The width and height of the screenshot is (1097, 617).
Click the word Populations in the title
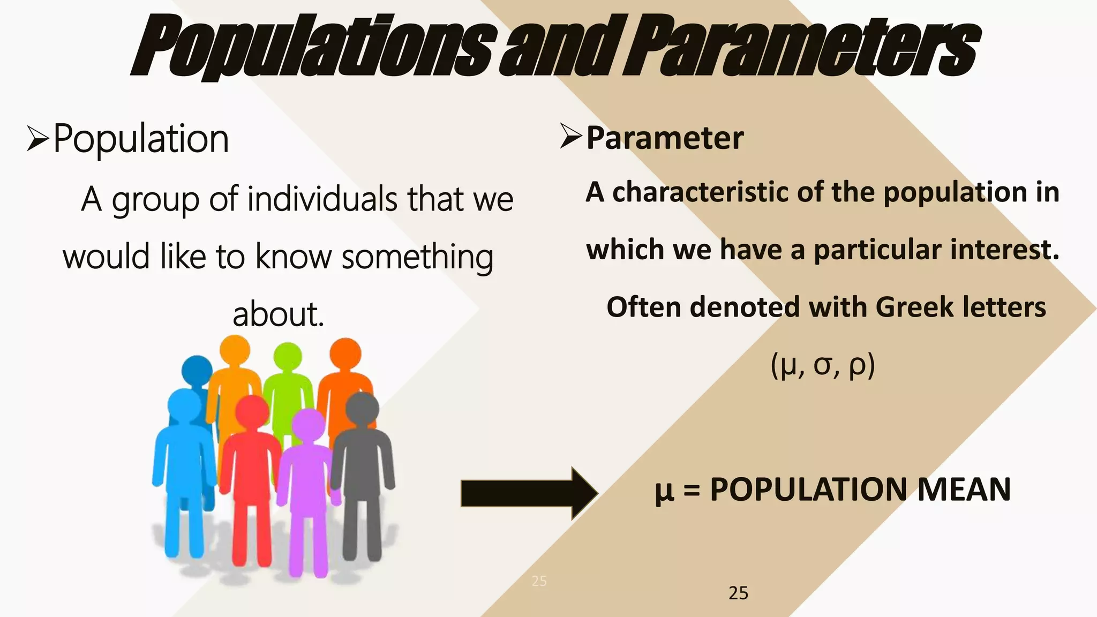pyautogui.click(x=313, y=47)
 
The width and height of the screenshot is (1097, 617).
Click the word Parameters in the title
pyautogui.click(x=803, y=47)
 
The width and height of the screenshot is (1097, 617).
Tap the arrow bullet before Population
pyautogui.click(x=38, y=139)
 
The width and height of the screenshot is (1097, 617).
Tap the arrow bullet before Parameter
pyautogui.click(x=570, y=136)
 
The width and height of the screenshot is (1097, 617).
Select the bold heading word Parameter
pyautogui.click(x=665, y=138)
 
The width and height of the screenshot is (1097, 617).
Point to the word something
pyautogui.click(x=417, y=257)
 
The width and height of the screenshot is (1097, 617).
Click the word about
pyautogui.click(x=278, y=314)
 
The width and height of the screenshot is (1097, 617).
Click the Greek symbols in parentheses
pyautogui.click(x=823, y=366)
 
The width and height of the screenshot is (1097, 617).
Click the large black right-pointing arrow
pyautogui.click(x=529, y=493)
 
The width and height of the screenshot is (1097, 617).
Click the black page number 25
pyautogui.click(x=738, y=593)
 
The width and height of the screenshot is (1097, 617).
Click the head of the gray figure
pyautogui.click(x=362, y=409)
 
